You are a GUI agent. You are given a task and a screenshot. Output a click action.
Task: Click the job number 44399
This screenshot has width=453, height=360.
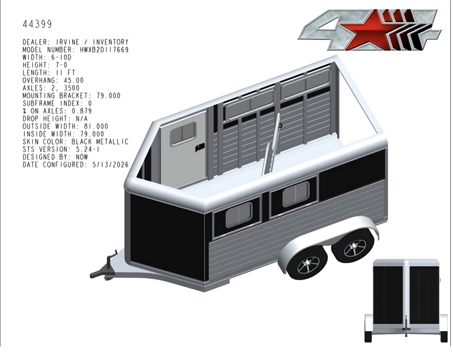point(37,24)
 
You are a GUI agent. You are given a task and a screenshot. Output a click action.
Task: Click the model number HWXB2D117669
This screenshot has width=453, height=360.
point(104,50)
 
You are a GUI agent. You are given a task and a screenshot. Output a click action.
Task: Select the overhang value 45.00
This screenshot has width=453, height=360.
point(74,81)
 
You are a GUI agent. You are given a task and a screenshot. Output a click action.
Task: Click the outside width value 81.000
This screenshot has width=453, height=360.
point(96,126)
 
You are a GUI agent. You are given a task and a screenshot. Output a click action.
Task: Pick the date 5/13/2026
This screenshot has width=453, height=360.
point(111,164)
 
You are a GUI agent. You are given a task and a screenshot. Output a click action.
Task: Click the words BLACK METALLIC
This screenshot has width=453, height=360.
point(100,142)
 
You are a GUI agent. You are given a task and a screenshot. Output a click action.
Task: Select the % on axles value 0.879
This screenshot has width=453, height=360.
point(82,111)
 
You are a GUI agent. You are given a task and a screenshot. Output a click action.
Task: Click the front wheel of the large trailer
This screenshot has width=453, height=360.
point(308,264)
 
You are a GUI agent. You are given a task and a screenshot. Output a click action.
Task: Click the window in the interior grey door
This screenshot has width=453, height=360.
point(183,133)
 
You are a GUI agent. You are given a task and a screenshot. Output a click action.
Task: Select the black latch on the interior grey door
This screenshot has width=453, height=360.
point(200,147)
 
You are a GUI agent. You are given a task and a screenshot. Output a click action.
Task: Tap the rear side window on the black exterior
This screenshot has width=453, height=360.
point(295,194)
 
